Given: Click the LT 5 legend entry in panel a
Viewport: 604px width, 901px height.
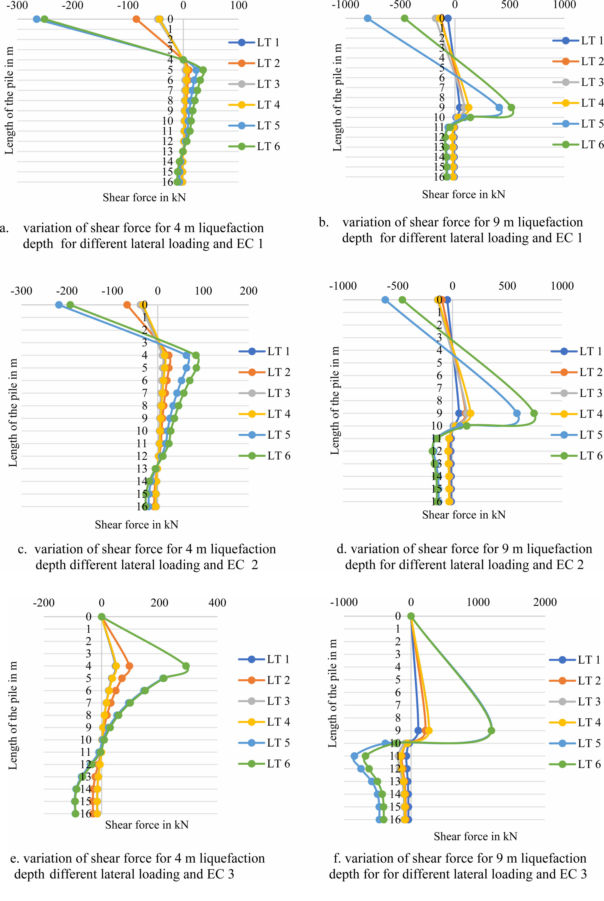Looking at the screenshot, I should click(268, 126).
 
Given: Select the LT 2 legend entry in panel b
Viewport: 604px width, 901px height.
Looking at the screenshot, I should click(592, 61).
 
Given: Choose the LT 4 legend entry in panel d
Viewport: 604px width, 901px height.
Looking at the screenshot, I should click(590, 414).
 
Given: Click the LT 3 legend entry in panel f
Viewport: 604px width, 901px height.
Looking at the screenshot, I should click(589, 701).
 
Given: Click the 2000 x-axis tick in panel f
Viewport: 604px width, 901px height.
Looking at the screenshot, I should click(545, 602).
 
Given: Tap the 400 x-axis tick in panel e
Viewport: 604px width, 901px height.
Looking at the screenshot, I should click(217, 602).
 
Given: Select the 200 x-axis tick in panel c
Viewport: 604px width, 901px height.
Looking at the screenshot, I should click(249, 291).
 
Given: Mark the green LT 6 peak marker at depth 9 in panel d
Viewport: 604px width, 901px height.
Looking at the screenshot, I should click(534, 413).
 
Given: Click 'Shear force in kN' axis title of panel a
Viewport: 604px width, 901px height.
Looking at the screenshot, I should click(144, 198).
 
